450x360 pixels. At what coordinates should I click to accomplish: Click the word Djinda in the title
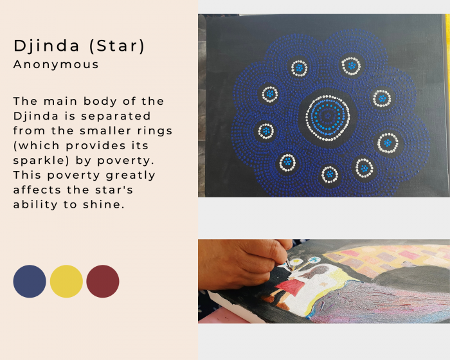click(46, 46)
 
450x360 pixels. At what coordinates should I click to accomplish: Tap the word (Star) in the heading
click(117, 46)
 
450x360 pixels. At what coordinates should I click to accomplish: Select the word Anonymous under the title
click(56, 64)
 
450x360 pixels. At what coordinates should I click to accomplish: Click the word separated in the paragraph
click(116, 116)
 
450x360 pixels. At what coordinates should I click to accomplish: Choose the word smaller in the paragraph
click(105, 131)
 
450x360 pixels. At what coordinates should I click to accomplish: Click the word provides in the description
click(96, 146)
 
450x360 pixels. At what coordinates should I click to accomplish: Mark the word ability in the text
click(35, 204)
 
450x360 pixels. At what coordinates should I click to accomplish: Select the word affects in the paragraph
click(37, 190)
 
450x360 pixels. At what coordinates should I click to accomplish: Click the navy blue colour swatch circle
click(30, 282)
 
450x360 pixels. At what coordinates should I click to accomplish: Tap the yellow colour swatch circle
click(66, 282)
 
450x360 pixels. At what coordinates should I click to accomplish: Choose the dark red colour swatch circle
click(103, 282)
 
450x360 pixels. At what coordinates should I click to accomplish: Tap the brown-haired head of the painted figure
click(316, 271)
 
